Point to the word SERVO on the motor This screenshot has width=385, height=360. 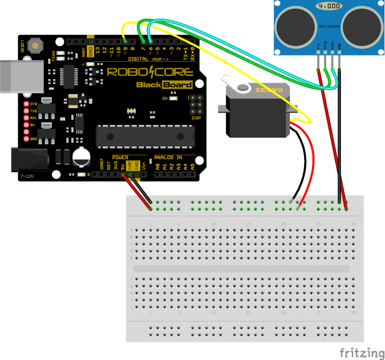[x=271, y=89]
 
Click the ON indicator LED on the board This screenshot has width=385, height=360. [x=173, y=99]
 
